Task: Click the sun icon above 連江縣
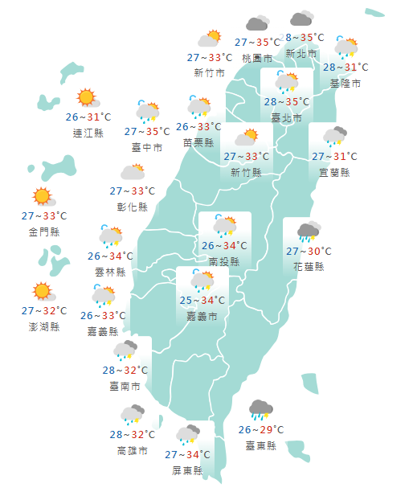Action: click(87, 99)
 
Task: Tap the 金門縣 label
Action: click(43, 232)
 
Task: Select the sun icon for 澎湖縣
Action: click(42, 292)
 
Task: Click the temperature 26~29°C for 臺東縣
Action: click(262, 430)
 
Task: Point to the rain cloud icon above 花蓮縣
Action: click(308, 232)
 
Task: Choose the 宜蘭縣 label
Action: click(334, 172)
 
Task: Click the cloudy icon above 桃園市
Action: click(257, 25)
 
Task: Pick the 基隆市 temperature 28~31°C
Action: click(346, 68)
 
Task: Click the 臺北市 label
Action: click(287, 118)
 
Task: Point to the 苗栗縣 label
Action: click(198, 142)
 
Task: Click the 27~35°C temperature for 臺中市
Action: click(147, 131)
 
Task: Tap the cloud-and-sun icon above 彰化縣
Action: click(133, 172)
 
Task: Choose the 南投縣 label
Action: click(224, 261)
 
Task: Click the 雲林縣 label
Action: click(110, 272)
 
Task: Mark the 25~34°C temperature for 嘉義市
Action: click(202, 301)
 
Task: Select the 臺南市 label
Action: click(125, 386)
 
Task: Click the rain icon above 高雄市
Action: click(132, 415)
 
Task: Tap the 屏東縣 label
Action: click(187, 471)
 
